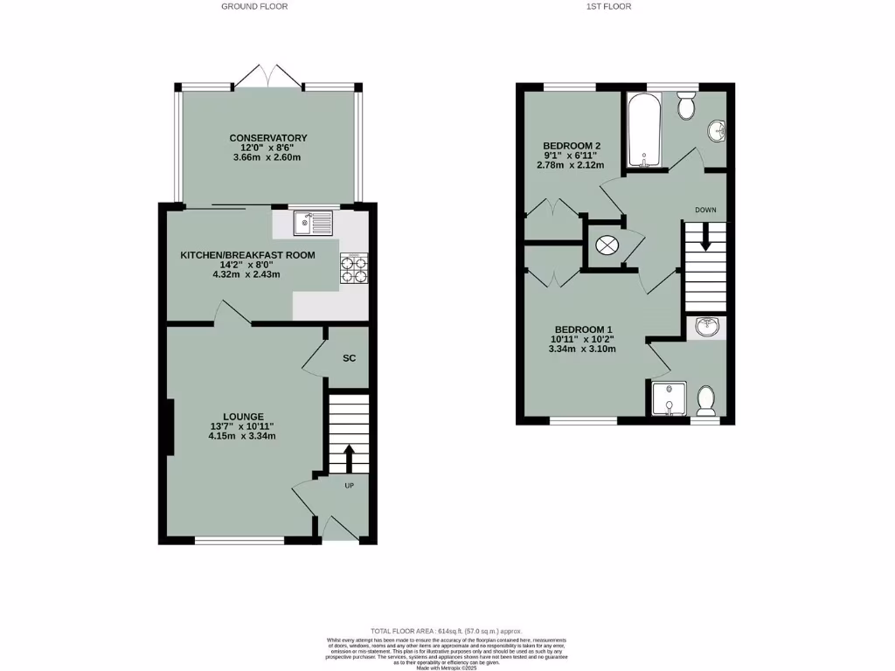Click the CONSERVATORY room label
(267, 138)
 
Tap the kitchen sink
(314, 223)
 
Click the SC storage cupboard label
(349, 358)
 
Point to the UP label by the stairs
(349, 486)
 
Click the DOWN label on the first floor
(705, 211)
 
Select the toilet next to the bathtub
(686, 105)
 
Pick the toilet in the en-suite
(706, 402)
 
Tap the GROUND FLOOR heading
(254, 6)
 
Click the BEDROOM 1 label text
(584, 329)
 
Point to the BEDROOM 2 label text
(572, 145)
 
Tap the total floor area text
(447, 631)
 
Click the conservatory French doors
(268, 76)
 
